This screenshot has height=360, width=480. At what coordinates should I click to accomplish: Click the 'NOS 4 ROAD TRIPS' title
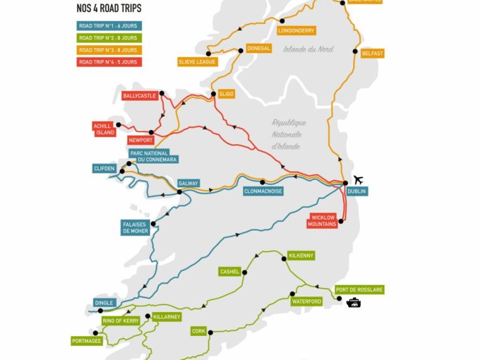[x=109, y=9]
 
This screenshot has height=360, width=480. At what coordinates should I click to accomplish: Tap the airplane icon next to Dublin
[x=359, y=180]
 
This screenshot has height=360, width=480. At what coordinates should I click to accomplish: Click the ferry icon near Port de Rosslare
[x=354, y=303]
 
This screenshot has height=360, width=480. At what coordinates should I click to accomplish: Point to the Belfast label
[x=372, y=54]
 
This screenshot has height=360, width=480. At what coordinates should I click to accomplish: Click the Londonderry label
[x=296, y=30]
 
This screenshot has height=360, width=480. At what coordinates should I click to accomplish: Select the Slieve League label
[x=198, y=62]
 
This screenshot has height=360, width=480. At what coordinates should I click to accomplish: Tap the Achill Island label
[x=104, y=129]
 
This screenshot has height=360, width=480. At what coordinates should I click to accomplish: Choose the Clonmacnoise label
[x=263, y=191]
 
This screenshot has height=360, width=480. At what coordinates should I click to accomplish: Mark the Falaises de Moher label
[x=136, y=227]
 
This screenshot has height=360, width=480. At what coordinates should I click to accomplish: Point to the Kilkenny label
[x=301, y=255]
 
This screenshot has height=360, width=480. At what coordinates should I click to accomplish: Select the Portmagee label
[x=87, y=341]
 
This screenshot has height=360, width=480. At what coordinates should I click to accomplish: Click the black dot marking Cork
[x=210, y=332]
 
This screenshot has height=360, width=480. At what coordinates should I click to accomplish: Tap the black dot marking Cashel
[x=244, y=272]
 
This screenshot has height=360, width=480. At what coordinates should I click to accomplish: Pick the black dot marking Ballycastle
[x=162, y=93]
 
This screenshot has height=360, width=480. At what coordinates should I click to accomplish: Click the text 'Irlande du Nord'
[x=308, y=49]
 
